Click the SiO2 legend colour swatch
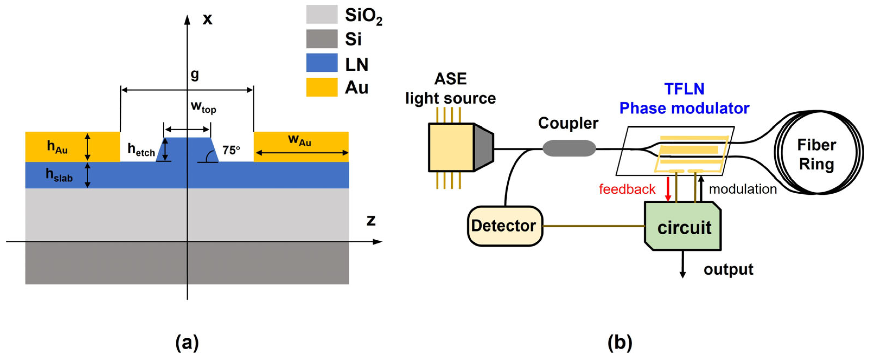[x=322, y=14]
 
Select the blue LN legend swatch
[x=322, y=63]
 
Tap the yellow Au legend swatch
[x=322, y=87]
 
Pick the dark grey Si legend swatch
[x=322, y=38]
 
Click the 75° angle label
[x=231, y=150]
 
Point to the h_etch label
[x=141, y=149]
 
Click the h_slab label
[x=59, y=175]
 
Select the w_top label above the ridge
[x=203, y=107]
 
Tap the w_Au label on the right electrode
[x=300, y=140]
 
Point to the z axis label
[x=371, y=220]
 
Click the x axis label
[x=207, y=19]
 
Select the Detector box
[x=505, y=226]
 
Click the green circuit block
[x=683, y=226]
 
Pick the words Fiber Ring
[x=816, y=155]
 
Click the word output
[x=728, y=269]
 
